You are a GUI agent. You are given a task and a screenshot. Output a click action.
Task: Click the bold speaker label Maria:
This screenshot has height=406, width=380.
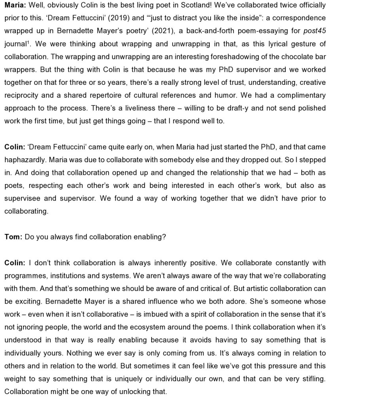(15, 5)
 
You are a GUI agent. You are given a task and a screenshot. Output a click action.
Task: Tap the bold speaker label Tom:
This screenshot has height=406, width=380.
(13, 237)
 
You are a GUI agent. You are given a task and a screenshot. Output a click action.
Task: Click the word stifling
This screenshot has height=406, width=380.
(312, 379)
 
